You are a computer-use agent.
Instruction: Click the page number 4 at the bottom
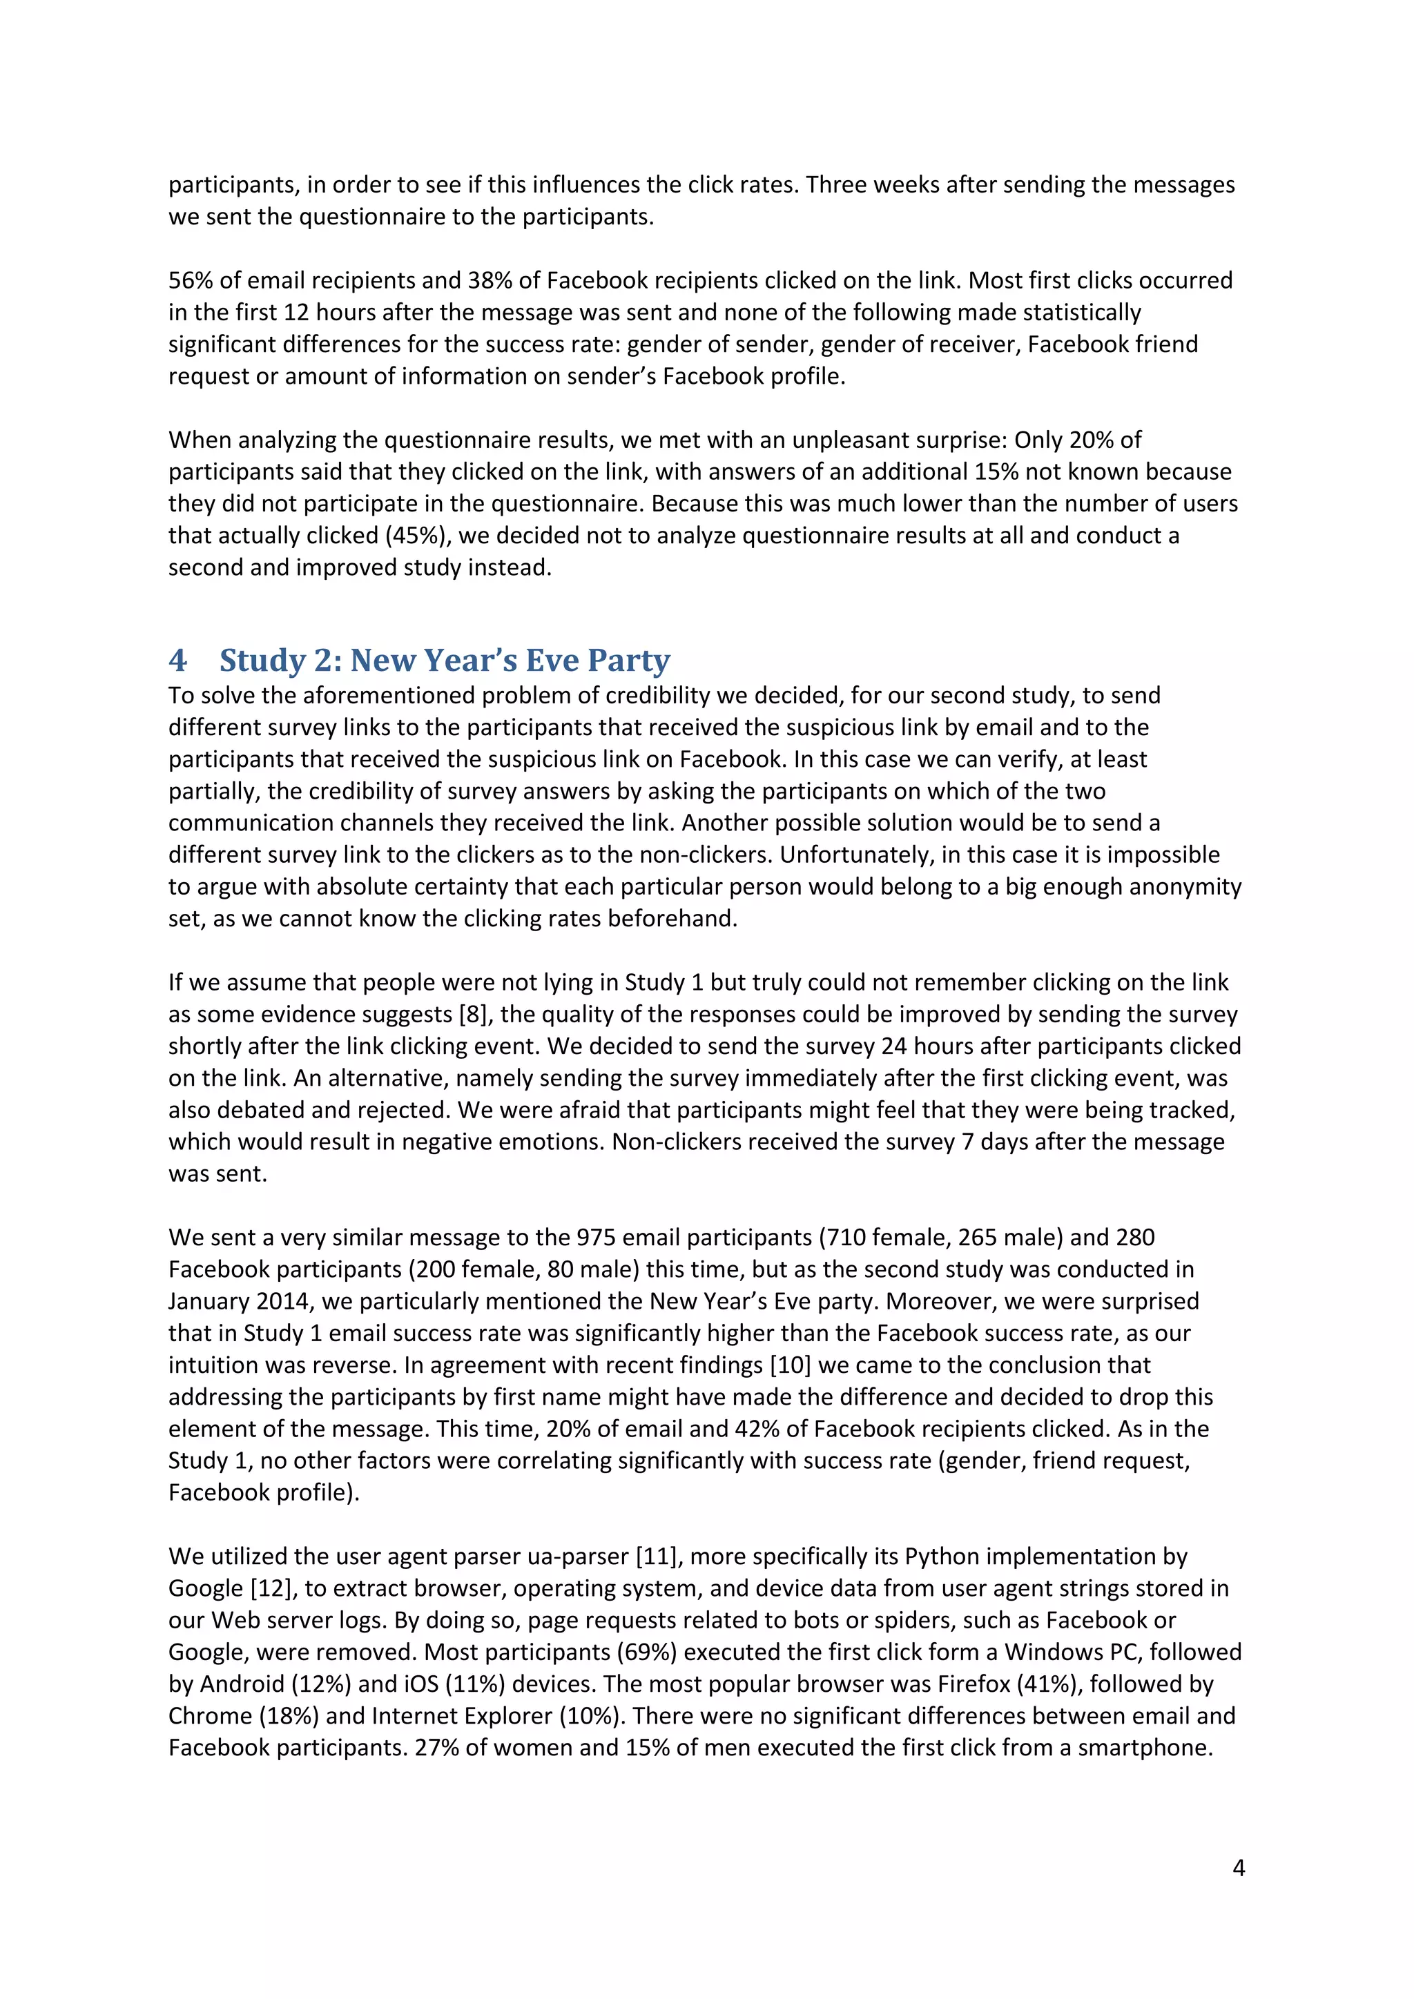1238,1868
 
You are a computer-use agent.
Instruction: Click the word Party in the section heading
629,661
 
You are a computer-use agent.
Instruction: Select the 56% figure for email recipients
191,280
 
